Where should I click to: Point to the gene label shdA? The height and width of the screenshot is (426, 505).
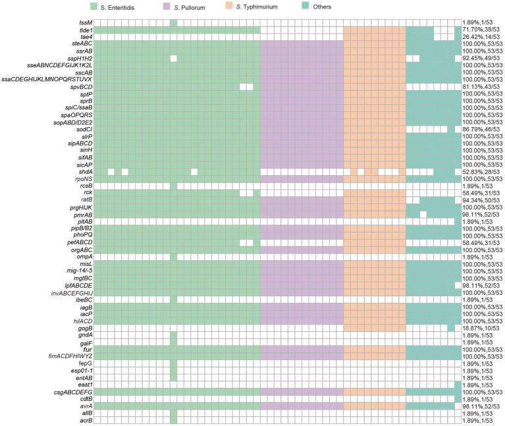point(85,172)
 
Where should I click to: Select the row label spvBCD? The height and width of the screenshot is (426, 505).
point(81,86)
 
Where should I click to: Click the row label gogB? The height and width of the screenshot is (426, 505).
point(84,328)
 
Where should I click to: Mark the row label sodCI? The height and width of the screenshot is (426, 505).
point(84,129)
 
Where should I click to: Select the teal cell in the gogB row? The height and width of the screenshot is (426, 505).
point(451,328)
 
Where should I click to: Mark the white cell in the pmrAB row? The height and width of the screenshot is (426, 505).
point(423,215)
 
